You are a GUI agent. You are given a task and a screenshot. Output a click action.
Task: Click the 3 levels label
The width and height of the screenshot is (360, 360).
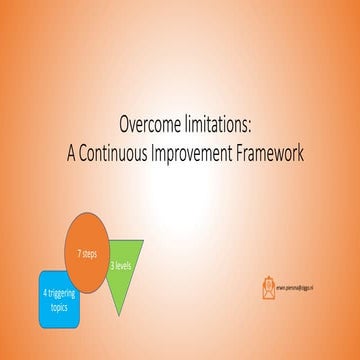[121, 265]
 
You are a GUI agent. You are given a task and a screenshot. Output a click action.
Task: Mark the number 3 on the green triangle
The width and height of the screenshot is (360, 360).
[113, 264]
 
